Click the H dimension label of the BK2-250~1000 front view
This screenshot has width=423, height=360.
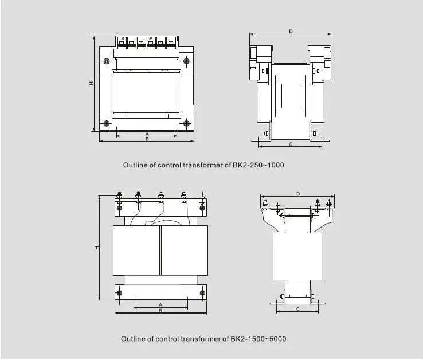[x=91, y=83]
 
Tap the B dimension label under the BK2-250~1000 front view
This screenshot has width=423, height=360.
[x=147, y=139]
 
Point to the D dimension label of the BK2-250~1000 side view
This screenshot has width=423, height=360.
[x=291, y=32]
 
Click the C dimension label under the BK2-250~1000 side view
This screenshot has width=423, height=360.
[x=291, y=144]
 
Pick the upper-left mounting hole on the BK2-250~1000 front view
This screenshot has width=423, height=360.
[x=107, y=61]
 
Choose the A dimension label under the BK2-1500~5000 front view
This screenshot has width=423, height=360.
[x=160, y=304]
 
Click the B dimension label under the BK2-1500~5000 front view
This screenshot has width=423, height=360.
[x=160, y=311]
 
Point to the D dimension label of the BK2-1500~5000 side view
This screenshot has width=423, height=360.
[x=297, y=194]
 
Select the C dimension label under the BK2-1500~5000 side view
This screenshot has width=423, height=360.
[x=297, y=309]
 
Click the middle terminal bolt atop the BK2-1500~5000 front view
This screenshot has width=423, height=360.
[x=160, y=197]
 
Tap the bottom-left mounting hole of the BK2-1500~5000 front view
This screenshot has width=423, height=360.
[x=119, y=294]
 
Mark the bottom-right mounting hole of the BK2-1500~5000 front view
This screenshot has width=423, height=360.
[x=201, y=294]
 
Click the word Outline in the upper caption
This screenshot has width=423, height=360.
[x=136, y=165]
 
